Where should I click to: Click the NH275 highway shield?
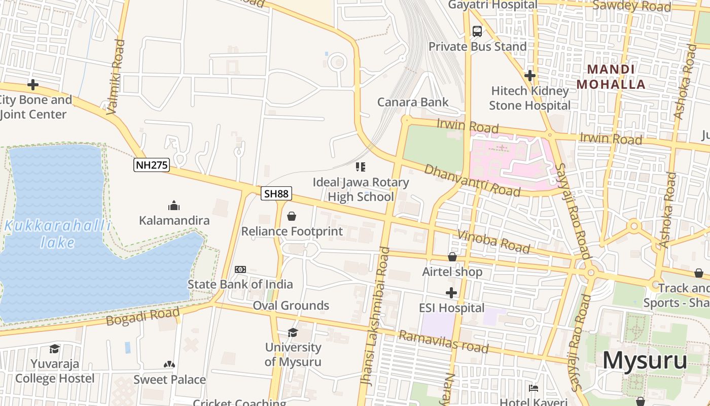pyautogui.click(x=151, y=165)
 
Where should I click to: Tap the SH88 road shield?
pyautogui.click(x=276, y=193)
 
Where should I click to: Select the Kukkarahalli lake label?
pyautogui.click(x=57, y=234)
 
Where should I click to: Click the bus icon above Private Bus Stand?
pyautogui.click(x=477, y=31)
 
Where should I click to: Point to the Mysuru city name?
pyautogui.click(x=645, y=360)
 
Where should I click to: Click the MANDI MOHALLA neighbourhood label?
pyautogui.click(x=611, y=77)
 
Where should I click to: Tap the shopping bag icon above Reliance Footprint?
pyautogui.click(x=292, y=217)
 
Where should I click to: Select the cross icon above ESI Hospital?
pyautogui.click(x=451, y=293)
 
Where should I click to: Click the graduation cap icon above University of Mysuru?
pyautogui.click(x=293, y=332)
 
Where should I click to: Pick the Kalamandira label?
pyautogui.click(x=174, y=221)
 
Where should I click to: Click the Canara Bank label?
pyautogui.click(x=413, y=102)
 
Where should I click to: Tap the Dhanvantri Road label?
pyautogui.click(x=472, y=180)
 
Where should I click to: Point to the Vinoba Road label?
pyautogui.click(x=493, y=242)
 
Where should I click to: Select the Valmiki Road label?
pyautogui.click(x=116, y=76)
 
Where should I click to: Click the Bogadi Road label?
pyautogui.click(x=143, y=316)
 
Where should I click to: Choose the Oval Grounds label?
pyautogui.click(x=291, y=306)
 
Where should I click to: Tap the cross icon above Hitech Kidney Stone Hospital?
pyautogui.click(x=530, y=76)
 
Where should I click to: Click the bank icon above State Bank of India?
pyautogui.click(x=240, y=269)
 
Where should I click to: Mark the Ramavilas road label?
pyautogui.click(x=443, y=342)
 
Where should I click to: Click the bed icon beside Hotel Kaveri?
pyautogui.click(x=534, y=388)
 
